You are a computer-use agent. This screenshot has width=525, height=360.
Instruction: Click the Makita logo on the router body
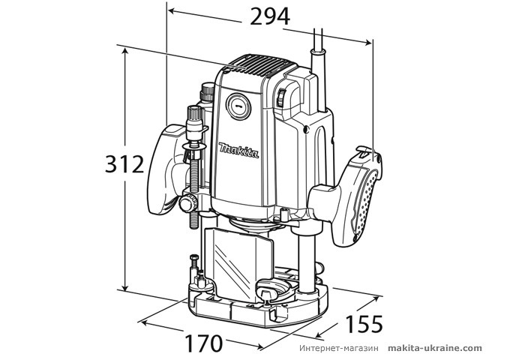(x=239, y=150)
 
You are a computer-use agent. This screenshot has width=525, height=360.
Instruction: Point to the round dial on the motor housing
(x=238, y=106)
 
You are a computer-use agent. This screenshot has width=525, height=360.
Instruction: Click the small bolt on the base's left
(x=193, y=262)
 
